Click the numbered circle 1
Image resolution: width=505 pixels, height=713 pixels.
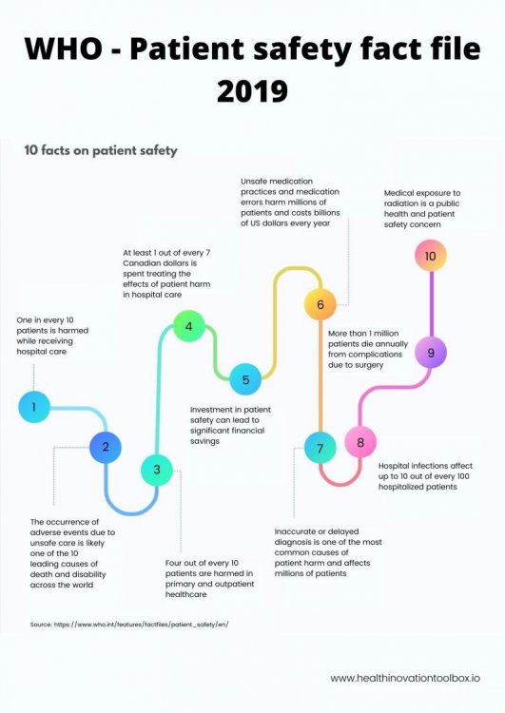point(34,407)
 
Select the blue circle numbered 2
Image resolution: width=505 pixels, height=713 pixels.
point(106,448)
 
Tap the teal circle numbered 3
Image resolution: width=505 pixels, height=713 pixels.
point(157,470)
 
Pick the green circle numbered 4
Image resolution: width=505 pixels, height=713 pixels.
point(189,326)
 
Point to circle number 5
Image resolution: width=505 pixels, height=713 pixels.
point(245,379)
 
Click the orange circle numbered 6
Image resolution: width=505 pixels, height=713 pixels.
point(320,304)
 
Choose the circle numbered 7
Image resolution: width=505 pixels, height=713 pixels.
point(320,448)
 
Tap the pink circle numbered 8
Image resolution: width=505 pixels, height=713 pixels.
point(360,442)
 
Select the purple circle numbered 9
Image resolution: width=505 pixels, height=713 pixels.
point(431,353)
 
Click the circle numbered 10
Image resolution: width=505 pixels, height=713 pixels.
point(431,256)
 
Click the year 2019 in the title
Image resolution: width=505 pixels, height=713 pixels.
point(253,90)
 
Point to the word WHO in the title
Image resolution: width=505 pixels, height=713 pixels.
point(64,48)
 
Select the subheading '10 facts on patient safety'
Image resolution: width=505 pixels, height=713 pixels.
point(101,150)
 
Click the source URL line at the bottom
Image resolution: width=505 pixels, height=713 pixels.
point(129,625)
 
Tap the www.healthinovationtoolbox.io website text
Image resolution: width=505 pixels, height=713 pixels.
point(405,678)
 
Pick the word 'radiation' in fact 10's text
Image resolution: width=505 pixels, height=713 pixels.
point(401,203)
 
